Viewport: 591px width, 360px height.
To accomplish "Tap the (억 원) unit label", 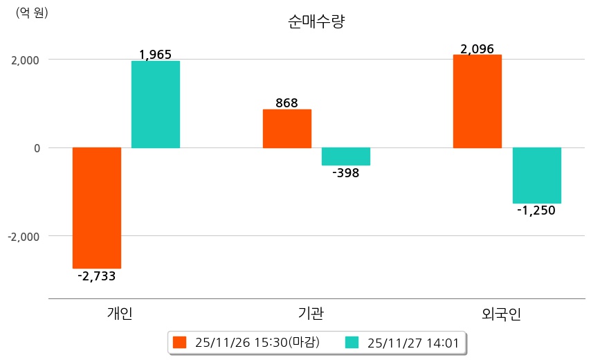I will point(32,12).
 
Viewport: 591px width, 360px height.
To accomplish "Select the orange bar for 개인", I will point(97,208).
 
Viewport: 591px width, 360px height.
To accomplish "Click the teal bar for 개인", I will point(156,105).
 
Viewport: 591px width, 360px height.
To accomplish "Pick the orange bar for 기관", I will point(287,129).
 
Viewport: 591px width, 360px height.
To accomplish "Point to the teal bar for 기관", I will point(346,156).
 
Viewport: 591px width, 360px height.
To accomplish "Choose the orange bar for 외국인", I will point(478,101).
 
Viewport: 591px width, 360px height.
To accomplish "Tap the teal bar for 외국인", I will point(536,175).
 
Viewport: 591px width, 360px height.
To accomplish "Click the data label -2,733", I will point(97,276).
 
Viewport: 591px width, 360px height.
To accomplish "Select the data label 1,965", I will point(155,54).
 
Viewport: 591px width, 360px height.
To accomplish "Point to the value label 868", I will point(287,103).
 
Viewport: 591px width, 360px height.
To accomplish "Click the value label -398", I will point(346,173).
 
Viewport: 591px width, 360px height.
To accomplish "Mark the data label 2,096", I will point(478,49).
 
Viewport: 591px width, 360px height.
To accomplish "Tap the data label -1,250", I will point(536,210).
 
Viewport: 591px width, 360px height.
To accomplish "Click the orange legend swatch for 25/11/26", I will point(180,342).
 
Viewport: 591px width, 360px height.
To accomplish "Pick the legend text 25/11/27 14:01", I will point(408,342).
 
